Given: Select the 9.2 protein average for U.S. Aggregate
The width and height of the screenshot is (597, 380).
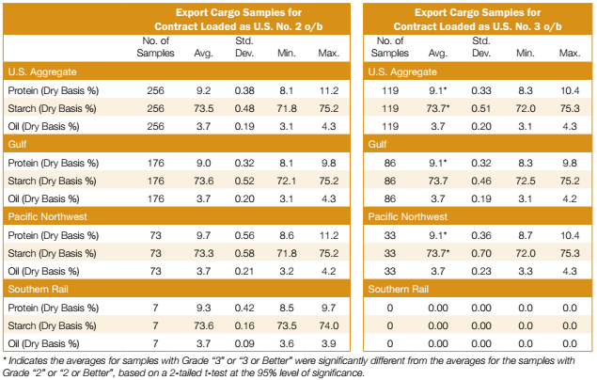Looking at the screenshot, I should point(202,90).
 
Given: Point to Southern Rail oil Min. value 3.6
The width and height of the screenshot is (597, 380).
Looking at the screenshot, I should point(289,342).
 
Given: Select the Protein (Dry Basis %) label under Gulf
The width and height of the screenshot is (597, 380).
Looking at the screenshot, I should point(54,163).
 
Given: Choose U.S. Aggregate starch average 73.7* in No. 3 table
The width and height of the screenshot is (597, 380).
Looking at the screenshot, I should point(439,108).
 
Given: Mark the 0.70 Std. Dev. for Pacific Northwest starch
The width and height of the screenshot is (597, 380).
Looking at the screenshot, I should point(480,253).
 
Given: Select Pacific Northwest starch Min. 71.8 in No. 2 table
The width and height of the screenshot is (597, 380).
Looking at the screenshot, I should point(289,253).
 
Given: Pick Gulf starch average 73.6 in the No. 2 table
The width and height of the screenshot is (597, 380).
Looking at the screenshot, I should point(202,181).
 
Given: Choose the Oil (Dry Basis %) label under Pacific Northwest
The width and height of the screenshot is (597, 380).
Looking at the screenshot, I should point(46,271).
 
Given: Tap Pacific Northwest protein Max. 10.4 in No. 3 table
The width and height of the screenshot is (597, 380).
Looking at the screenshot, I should point(569,235).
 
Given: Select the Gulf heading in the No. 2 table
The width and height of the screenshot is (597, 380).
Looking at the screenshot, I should point(19,145).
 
